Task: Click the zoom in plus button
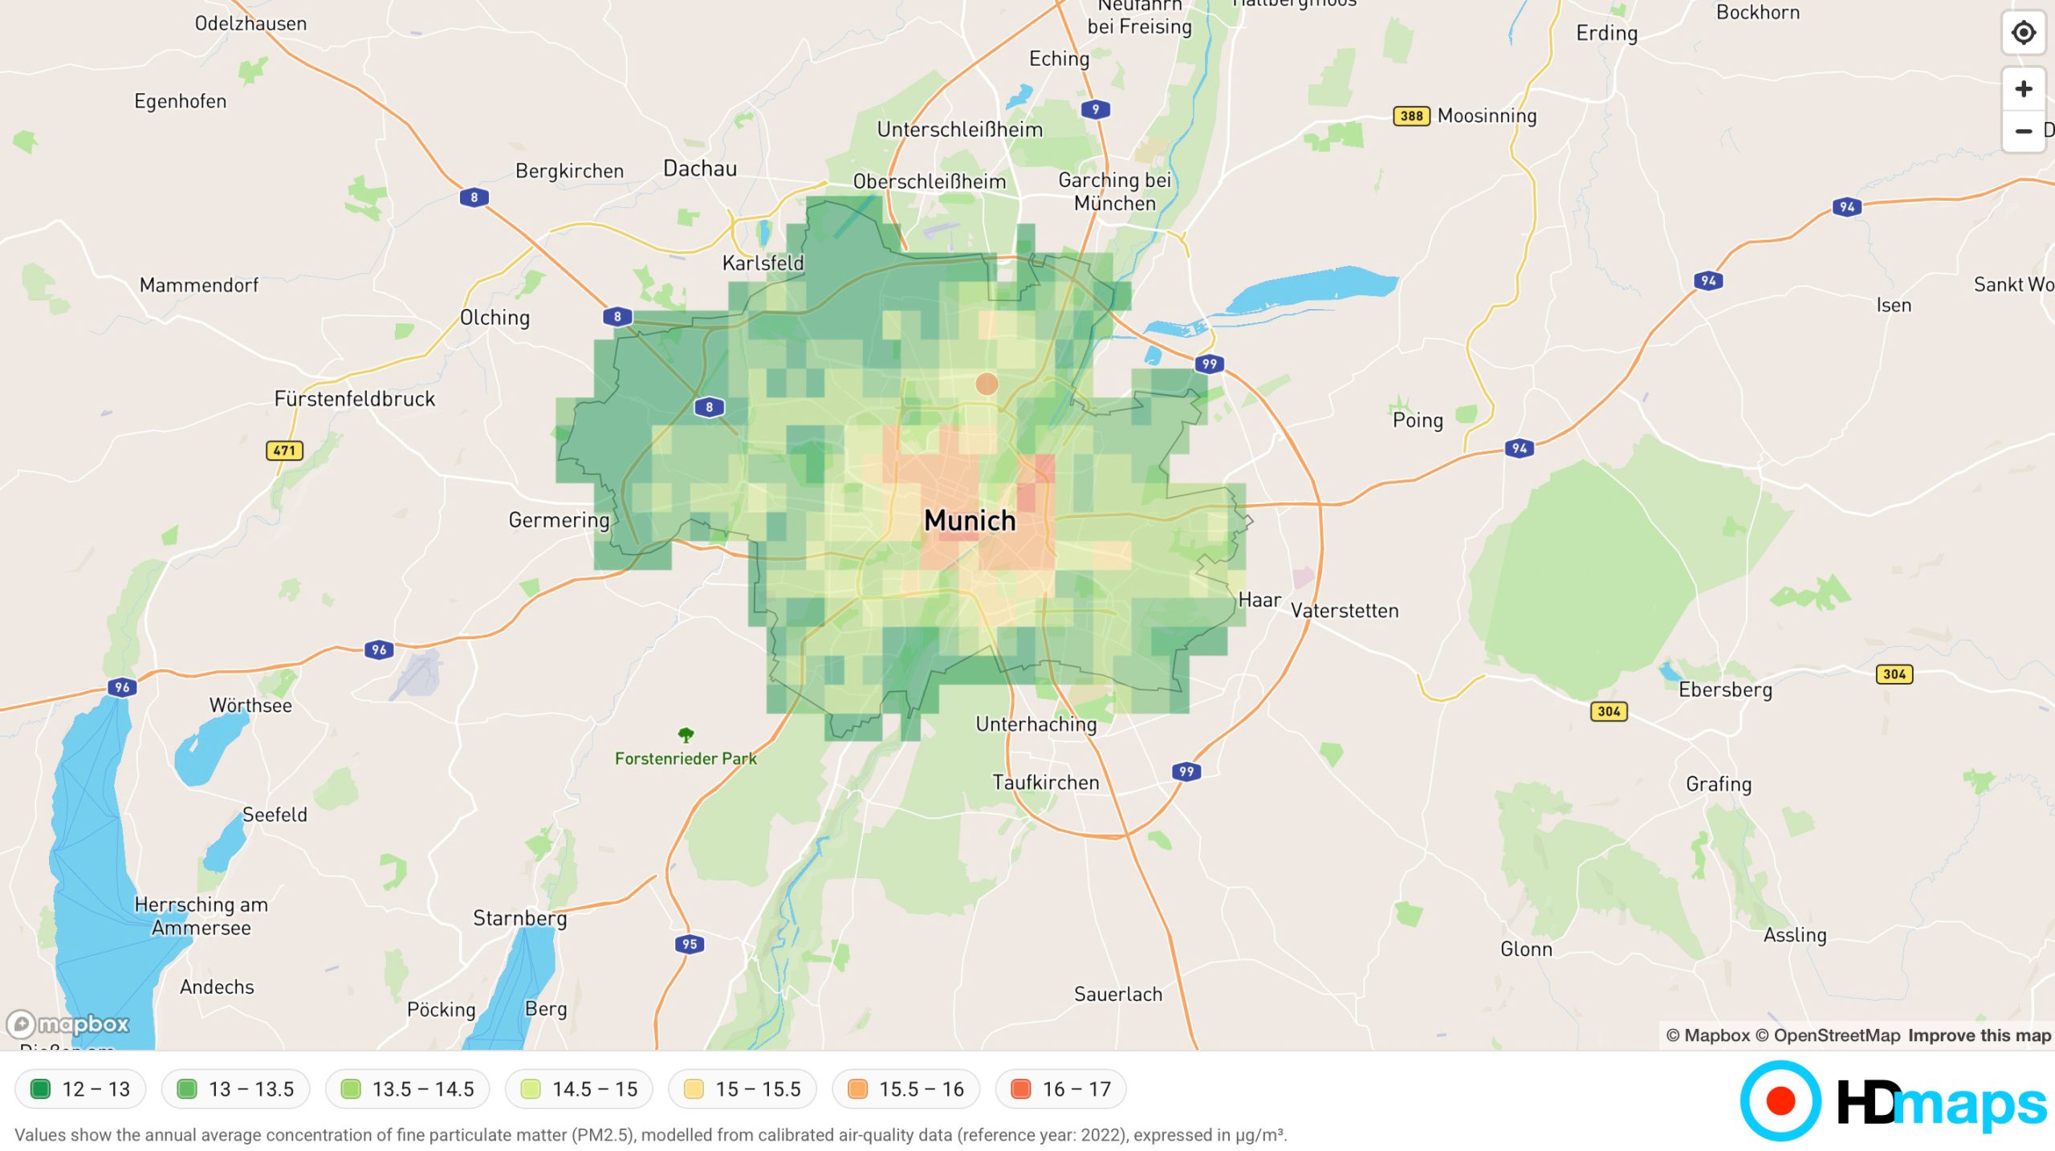[x=2023, y=88]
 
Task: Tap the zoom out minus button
[x=2023, y=131]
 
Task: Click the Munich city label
[x=970, y=520]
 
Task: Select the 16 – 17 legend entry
[x=1060, y=1089]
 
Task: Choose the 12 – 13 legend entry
[x=80, y=1089]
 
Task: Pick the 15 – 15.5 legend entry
[x=743, y=1089]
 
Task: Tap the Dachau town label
[x=699, y=169]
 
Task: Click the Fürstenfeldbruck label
[x=355, y=399]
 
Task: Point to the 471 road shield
[x=284, y=450]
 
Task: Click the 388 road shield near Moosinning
[x=1411, y=116]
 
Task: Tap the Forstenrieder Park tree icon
[x=686, y=734]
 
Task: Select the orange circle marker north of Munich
[x=987, y=384]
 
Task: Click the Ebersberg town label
[x=1725, y=689]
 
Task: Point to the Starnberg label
[x=519, y=917]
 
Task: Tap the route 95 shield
[x=690, y=944]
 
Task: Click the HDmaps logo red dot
[x=1780, y=1101]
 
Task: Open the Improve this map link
[x=1979, y=1035]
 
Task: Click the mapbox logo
[x=68, y=1024]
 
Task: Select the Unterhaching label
[x=1036, y=724]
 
